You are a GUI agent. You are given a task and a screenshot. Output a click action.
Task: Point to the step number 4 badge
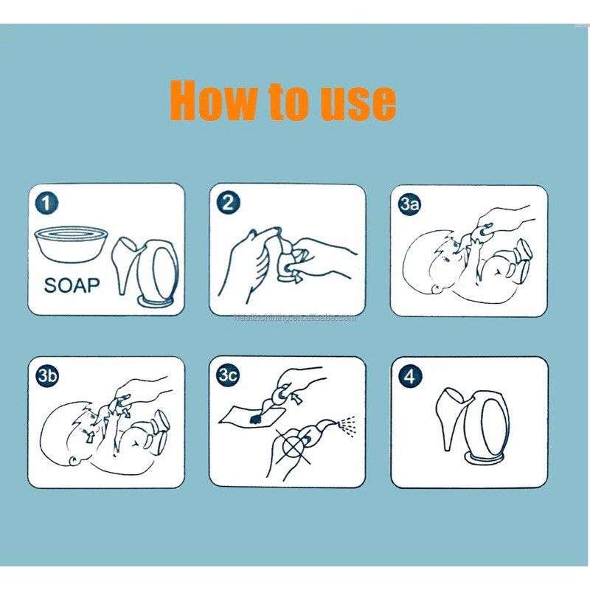point(410,377)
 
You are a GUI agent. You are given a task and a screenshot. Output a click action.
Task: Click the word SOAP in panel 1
point(71,285)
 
